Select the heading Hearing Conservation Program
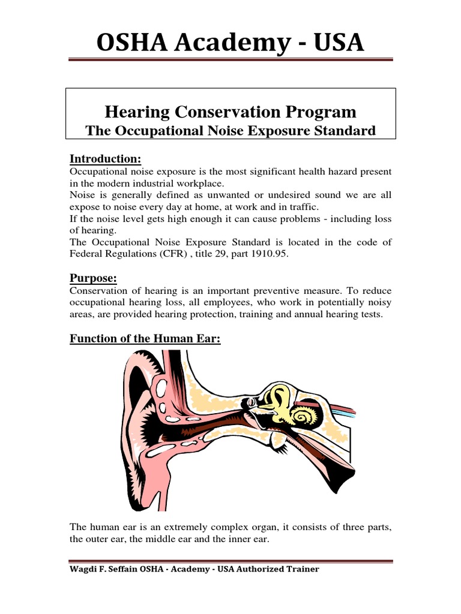pyautogui.click(x=230, y=112)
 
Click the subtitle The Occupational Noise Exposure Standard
pyautogui.click(x=230, y=131)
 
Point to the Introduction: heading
pyautogui.click(x=105, y=159)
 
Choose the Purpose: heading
pyautogui.click(x=93, y=278)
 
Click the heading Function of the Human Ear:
pyautogui.click(x=145, y=339)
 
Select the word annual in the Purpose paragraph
pyautogui.click(x=312, y=314)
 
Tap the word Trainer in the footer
pyautogui.click(x=300, y=570)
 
